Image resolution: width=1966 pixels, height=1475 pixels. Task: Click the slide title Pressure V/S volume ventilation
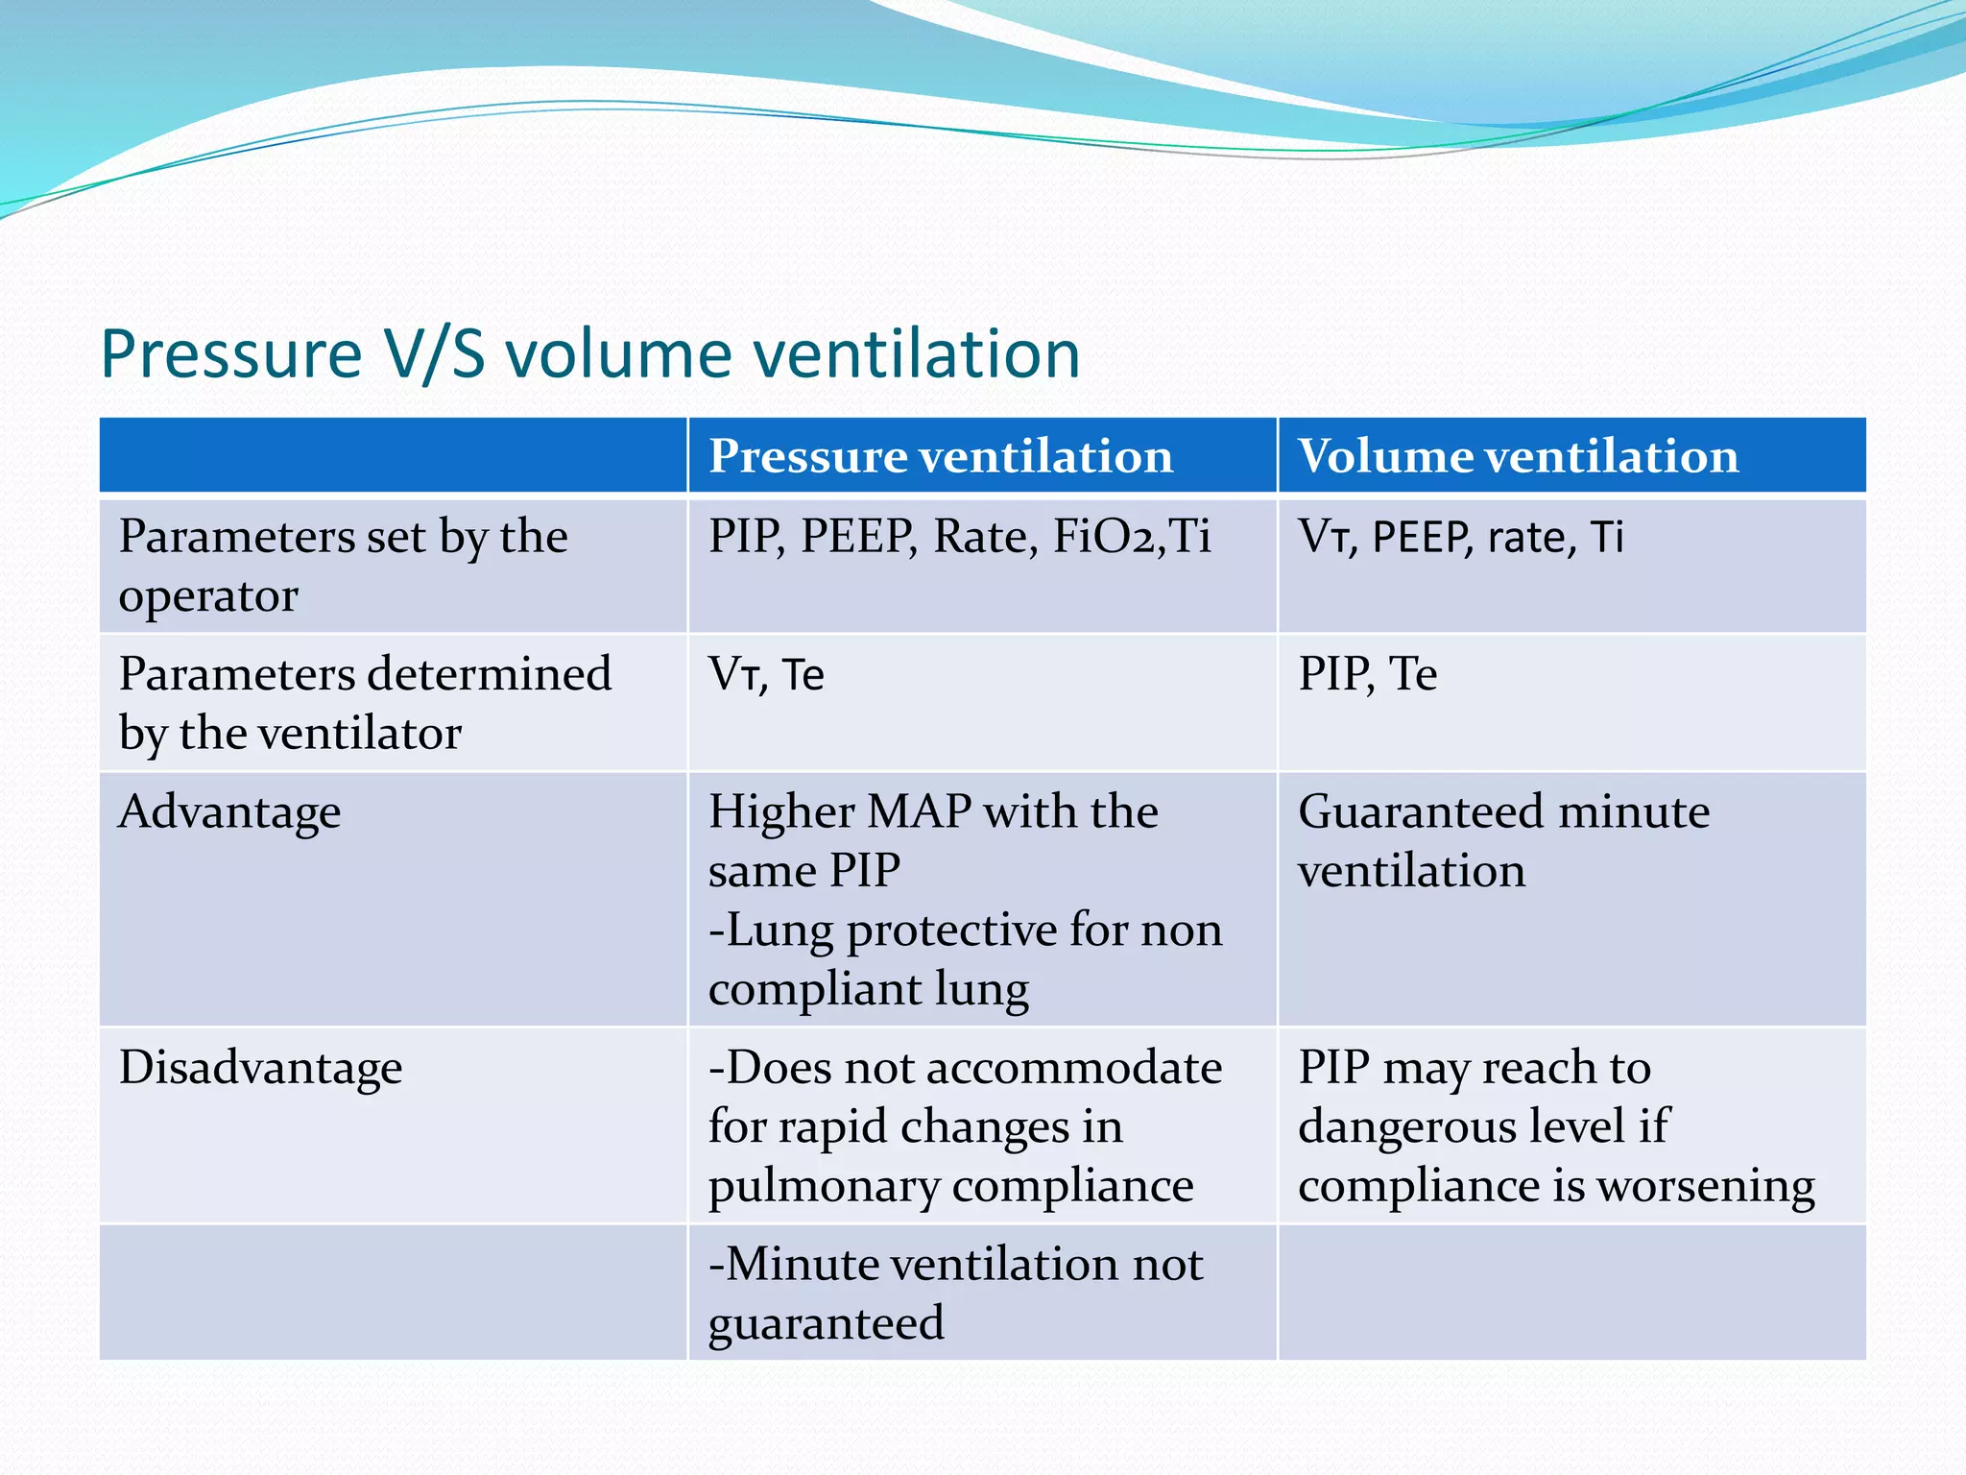tap(589, 354)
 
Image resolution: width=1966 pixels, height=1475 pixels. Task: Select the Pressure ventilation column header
tap(941, 455)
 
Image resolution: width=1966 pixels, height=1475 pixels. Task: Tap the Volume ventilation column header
tap(1518, 455)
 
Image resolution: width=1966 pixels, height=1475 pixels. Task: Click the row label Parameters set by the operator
tap(343, 565)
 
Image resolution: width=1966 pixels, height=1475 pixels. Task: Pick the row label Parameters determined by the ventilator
tap(365, 702)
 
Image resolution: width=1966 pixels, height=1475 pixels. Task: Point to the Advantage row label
tap(229, 812)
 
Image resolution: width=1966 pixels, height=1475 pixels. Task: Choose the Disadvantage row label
tap(260, 1068)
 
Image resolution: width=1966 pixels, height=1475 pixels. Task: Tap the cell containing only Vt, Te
tap(766, 674)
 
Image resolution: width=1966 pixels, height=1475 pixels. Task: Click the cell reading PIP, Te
tap(1367, 674)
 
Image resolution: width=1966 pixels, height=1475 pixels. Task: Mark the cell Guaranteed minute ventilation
tap(1503, 840)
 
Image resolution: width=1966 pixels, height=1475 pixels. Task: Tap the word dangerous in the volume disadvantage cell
tap(1413, 1126)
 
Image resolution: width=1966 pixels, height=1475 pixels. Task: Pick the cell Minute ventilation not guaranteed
tap(955, 1293)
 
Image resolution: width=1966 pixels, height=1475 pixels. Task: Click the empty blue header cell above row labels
tap(393, 455)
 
